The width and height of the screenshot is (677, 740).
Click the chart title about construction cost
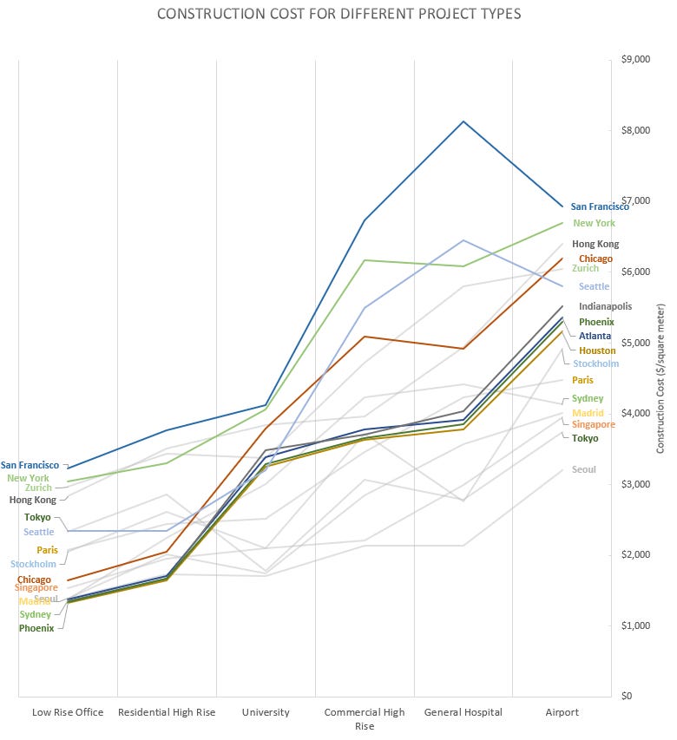[338, 15]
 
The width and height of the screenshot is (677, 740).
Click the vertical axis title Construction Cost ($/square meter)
[661, 378]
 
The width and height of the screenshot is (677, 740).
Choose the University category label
[266, 712]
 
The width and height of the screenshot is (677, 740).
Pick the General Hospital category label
[463, 712]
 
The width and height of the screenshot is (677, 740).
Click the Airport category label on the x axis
[562, 712]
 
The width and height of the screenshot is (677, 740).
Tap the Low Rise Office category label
[68, 712]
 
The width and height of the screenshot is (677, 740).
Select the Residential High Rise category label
[167, 712]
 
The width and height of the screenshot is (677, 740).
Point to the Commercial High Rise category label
[365, 718]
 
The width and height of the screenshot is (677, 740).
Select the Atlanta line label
[595, 336]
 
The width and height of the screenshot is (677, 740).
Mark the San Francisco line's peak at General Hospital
[463, 121]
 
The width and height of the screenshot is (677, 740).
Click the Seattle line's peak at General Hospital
[463, 240]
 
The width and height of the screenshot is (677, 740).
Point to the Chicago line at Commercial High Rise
[365, 336]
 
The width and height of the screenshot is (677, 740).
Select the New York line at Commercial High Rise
[365, 260]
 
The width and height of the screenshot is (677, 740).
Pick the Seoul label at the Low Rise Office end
[46, 599]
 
